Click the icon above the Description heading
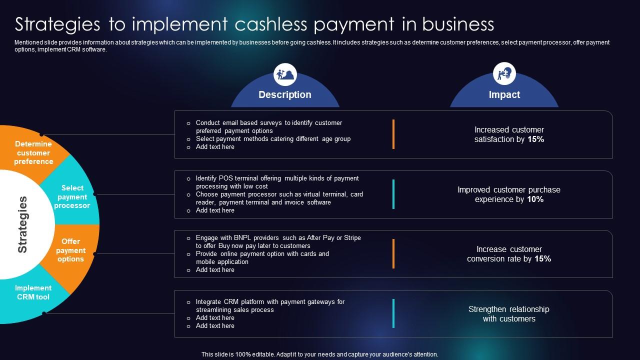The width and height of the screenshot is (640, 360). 285,74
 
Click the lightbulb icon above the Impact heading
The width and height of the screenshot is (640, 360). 504,73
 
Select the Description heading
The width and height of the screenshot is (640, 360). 285,94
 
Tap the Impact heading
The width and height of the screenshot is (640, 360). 504,94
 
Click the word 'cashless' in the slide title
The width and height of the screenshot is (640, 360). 271,24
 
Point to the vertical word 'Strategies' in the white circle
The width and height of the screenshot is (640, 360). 22,224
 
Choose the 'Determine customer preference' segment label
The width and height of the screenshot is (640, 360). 33,152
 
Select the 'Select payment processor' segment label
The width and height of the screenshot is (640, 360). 72,196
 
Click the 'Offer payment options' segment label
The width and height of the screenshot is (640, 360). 70,250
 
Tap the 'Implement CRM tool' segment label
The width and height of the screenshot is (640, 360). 33,292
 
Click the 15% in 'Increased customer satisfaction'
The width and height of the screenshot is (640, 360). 535,139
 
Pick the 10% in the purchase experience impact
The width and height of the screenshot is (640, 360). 535,199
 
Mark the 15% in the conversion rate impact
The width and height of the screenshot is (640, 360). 542,258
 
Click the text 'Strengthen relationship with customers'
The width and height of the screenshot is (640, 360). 509,313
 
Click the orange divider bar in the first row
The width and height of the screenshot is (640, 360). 393,134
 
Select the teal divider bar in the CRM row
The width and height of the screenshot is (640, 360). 393,313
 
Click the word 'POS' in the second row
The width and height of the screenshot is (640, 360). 225,178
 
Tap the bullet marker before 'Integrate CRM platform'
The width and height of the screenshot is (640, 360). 188,302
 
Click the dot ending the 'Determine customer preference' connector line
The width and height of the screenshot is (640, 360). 41,134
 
